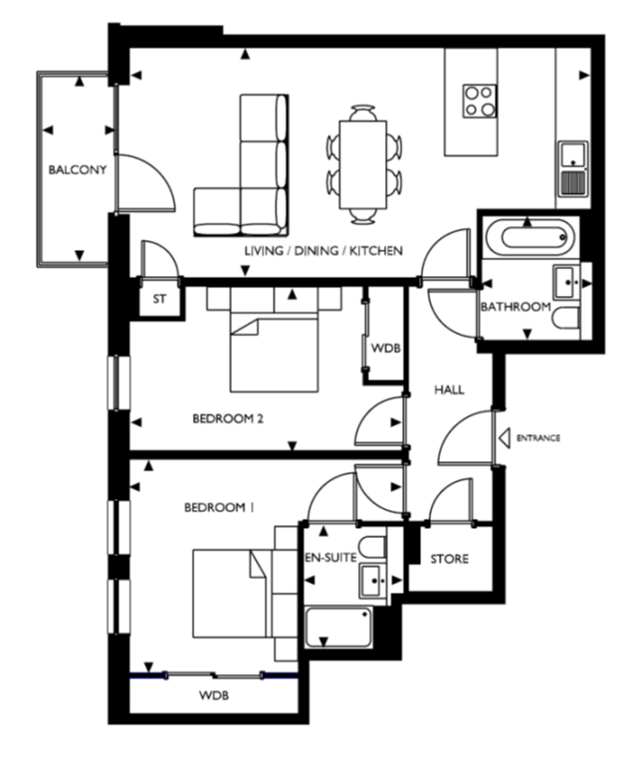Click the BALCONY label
click(77, 170)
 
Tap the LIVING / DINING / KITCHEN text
click(323, 251)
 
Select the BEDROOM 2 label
click(228, 419)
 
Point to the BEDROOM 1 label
click(219, 507)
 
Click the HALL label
click(449, 389)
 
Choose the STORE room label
click(449, 559)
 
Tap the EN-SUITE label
click(330, 558)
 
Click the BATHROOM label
click(516, 307)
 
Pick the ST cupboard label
click(159, 299)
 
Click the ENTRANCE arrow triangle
click(504, 437)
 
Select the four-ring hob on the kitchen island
click(480, 101)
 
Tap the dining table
click(363, 164)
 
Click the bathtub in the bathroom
click(530, 238)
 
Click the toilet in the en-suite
click(372, 548)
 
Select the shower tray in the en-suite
click(338, 628)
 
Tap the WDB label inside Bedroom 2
click(386, 349)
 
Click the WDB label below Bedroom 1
click(214, 696)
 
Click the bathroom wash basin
click(566, 283)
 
